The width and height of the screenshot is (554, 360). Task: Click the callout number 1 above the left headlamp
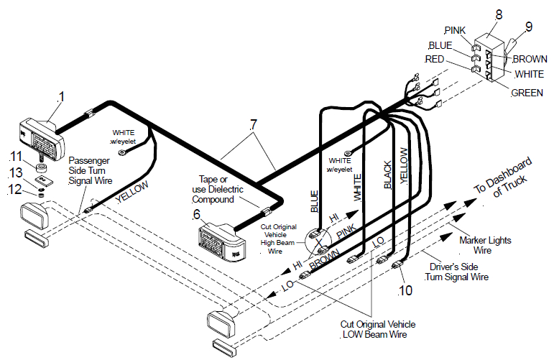pyautogui.click(x=61, y=96)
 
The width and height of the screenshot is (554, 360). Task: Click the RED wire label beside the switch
pyautogui.click(x=435, y=59)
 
